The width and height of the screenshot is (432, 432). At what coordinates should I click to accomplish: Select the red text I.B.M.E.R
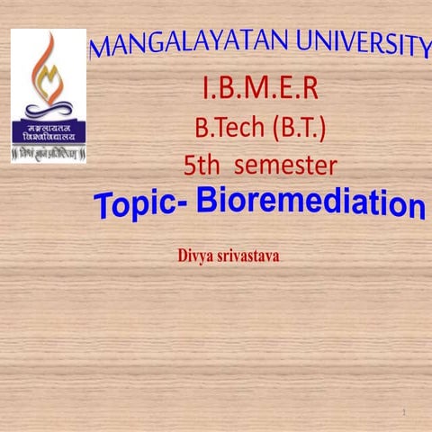pos(259,90)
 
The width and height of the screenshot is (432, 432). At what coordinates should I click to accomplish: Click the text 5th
pos(203,166)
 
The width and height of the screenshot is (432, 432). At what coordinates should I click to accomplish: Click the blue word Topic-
pos(139,205)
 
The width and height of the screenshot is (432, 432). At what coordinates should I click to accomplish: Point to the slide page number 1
pos(405,412)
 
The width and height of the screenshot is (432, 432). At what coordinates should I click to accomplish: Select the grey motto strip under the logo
pos(49,155)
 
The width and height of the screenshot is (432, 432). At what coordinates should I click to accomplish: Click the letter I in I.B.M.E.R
pos(207,90)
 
